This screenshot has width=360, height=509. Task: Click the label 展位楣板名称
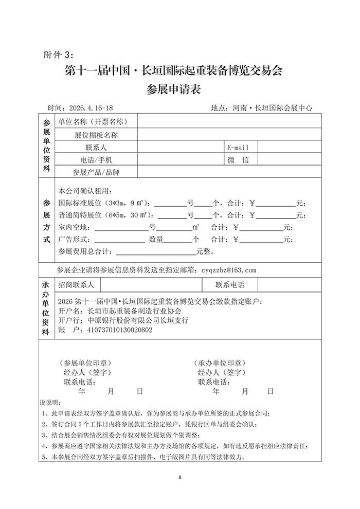pyautogui.click(x=96, y=135)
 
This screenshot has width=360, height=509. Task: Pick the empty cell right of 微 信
pyautogui.click(x=290, y=160)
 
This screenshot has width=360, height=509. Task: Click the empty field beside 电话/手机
pyautogui.click(x=182, y=160)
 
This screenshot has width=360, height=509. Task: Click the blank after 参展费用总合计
pyautogui.click(x=156, y=251)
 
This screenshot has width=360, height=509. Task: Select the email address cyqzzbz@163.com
pyautogui.click(x=228, y=269)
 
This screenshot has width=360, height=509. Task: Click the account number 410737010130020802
pyautogui.click(x=120, y=330)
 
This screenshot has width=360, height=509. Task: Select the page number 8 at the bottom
pyautogui.click(x=180, y=478)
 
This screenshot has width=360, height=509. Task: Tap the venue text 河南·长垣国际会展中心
pyautogui.click(x=273, y=108)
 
